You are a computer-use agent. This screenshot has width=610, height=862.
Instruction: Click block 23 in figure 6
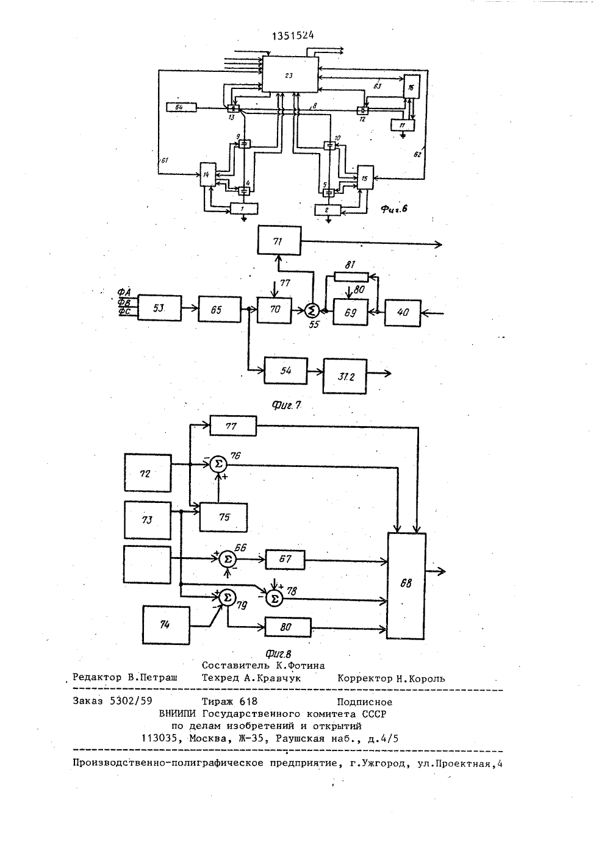point(290,74)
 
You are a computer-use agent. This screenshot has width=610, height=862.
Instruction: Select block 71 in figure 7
point(279,241)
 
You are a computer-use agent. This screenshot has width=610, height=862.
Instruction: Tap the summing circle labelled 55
point(312,310)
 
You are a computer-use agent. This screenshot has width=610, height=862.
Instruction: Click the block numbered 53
point(159,308)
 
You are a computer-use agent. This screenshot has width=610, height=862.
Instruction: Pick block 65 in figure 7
point(220,309)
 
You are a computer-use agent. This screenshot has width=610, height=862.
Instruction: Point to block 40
point(403,313)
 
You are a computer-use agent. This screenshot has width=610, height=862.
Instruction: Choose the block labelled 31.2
point(345,376)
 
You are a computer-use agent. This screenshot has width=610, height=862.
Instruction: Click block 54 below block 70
point(285,371)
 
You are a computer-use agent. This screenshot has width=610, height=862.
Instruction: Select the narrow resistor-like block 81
point(351,277)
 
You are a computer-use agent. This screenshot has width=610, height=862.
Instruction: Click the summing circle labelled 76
point(218,465)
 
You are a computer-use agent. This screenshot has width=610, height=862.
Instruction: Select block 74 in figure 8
point(166,625)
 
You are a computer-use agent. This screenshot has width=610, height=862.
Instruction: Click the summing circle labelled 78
point(274,599)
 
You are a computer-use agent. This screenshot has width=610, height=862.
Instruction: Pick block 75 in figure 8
point(223,517)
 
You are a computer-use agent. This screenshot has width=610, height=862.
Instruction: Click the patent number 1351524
point(293,36)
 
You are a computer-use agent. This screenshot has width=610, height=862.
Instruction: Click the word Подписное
point(365,702)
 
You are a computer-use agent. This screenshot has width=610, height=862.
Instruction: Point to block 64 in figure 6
point(181,107)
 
